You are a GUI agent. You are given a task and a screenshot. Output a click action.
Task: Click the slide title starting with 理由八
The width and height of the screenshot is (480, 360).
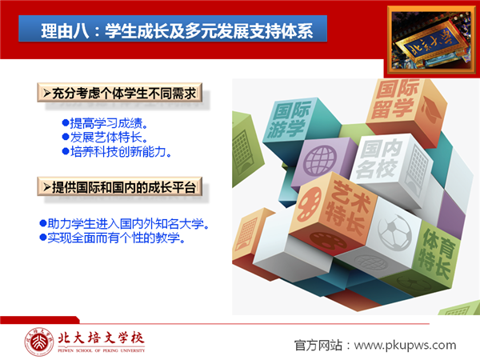pyautogui.click(x=177, y=31)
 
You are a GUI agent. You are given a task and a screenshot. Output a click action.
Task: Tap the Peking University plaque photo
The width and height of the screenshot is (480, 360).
pyautogui.click(x=432, y=41)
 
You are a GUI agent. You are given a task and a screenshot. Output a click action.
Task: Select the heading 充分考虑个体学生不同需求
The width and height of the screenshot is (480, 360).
pyautogui.click(x=120, y=93)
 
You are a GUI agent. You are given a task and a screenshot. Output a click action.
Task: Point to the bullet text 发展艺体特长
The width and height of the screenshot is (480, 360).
pyautogui.click(x=105, y=137)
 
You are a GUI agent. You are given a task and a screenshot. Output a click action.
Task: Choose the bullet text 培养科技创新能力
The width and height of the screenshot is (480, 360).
pyautogui.click(x=117, y=151)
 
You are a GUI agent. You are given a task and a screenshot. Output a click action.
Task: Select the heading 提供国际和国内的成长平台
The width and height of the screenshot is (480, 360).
pyautogui.click(x=120, y=187)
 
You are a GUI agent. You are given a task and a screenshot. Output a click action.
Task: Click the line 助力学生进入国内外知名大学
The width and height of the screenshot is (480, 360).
pyautogui.click(x=125, y=224)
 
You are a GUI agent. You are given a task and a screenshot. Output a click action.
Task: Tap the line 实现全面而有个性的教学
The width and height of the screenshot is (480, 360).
pyautogui.click(x=113, y=238)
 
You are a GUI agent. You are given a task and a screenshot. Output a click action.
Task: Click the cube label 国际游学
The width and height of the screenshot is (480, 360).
pyautogui.click(x=288, y=120)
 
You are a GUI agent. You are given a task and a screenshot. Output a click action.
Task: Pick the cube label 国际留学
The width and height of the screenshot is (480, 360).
pyautogui.click(x=394, y=99)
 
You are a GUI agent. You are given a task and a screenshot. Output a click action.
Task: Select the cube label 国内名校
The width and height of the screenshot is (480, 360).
pyautogui.click(x=379, y=158)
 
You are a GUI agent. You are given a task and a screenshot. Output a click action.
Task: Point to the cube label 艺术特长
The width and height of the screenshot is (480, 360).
pyautogui.click(x=348, y=206)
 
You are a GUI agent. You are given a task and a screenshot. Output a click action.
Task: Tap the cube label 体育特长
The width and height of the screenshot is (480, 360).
pyautogui.click(x=437, y=254)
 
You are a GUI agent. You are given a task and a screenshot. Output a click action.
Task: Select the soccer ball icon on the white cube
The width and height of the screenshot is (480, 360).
pyautogui.click(x=394, y=232)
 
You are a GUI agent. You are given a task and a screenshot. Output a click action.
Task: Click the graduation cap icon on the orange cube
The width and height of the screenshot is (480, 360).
pyautogui.click(x=430, y=109)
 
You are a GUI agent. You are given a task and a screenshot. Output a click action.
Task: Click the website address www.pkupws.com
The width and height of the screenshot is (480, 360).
pyautogui.click(x=405, y=346)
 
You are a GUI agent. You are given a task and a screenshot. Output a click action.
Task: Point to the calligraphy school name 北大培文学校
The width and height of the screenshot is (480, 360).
pyautogui.click(x=101, y=338)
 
